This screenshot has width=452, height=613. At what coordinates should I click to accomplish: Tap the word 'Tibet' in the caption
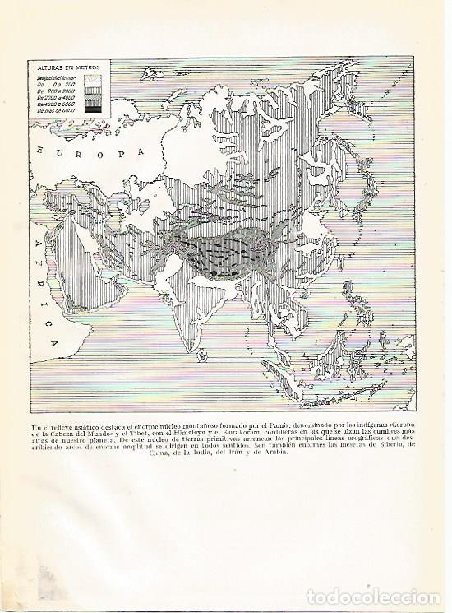tap(168, 433)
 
